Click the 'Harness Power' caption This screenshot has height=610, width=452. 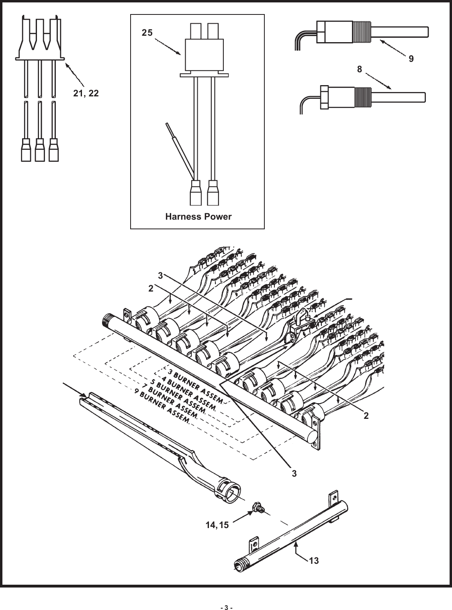pos(198,217)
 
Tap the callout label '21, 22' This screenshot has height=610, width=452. pos(86,93)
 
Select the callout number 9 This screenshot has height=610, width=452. pos(411,59)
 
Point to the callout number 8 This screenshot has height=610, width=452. pos(360,69)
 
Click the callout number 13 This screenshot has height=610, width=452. pos(314,561)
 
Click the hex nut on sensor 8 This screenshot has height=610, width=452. pos(325,97)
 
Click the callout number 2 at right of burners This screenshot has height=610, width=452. pos(366,416)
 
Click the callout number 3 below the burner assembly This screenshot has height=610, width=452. pos(295,473)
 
